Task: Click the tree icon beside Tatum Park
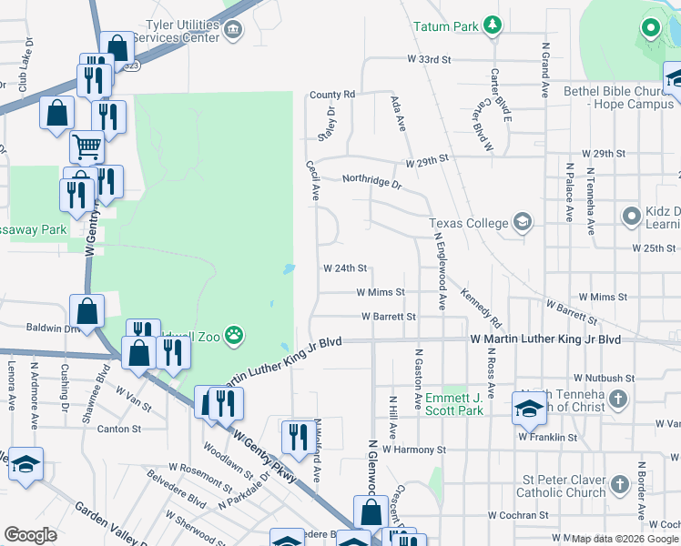click(x=493, y=25)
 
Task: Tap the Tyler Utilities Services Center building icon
click(x=233, y=31)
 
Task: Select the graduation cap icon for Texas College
click(x=523, y=222)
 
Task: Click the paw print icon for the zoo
click(x=235, y=334)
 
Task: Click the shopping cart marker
click(x=86, y=146)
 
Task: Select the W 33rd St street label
click(x=430, y=59)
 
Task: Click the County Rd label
click(x=331, y=95)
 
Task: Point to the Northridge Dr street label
click(x=371, y=181)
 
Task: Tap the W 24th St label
click(x=345, y=268)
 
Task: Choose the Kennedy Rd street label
click(x=481, y=308)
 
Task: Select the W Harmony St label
click(x=413, y=450)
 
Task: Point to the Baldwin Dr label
click(x=34, y=327)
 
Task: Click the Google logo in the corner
click(x=31, y=535)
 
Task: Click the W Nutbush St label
click(x=604, y=378)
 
